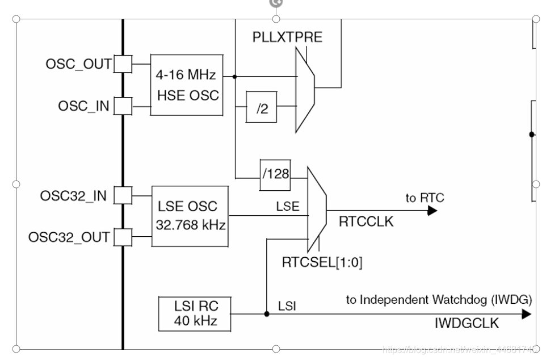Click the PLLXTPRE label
tap(287, 37)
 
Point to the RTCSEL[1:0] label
tap(322, 262)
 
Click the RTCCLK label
tap(366, 221)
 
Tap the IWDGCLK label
tap(467, 323)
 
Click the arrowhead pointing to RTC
tap(432, 210)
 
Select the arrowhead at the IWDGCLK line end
tap(527, 314)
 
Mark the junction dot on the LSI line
tap(267, 314)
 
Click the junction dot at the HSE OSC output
tap(235, 77)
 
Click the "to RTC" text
tap(425, 198)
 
